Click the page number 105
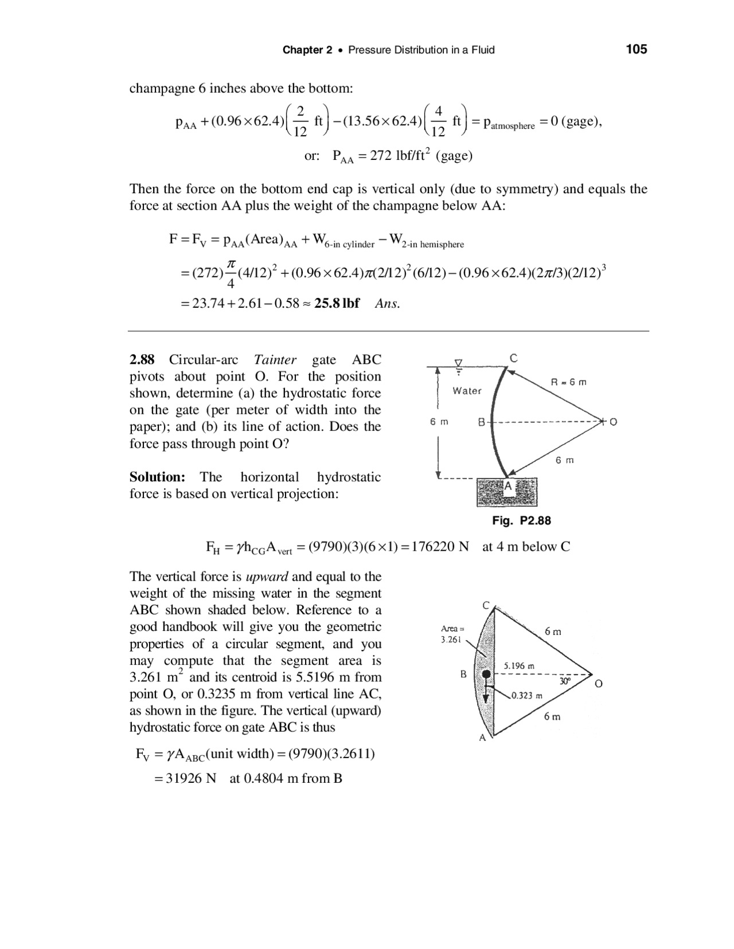click(636, 49)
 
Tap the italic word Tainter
click(275, 360)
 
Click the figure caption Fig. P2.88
click(521, 520)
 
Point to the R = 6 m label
click(568, 382)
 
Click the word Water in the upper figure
click(467, 391)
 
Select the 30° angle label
click(565, 682)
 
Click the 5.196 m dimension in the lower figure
click(519, 666)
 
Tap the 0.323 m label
click(527, 696)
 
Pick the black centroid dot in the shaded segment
click(486, 675)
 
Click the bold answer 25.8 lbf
click(337, 303)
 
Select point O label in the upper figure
click(614, 422)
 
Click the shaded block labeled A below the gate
click(507, 491)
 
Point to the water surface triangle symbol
click(458, 363)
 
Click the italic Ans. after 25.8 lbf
click(387, 304)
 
